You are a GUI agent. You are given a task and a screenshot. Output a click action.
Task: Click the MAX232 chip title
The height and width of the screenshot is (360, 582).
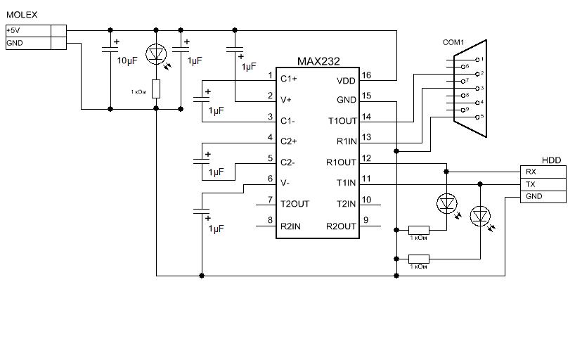pos(318,61)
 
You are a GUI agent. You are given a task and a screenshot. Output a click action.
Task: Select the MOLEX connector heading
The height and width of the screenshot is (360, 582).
pos(22,15)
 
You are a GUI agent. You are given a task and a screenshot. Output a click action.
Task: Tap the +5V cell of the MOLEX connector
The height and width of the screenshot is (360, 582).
pos(28,31)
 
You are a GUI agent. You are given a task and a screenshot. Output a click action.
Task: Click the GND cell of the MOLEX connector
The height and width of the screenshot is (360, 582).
pos(28,43)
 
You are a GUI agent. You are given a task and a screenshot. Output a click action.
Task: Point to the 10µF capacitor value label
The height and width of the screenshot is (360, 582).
pos(127,61)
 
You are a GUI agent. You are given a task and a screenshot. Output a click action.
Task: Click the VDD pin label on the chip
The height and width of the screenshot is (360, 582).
pos(346,81)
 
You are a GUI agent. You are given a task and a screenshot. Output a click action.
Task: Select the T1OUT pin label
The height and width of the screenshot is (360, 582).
pos(342,121)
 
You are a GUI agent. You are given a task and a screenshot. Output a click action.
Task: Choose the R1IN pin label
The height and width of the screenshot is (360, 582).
pos(347,141)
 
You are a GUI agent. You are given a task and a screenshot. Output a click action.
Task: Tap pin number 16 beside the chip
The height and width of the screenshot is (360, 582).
pos(366,75)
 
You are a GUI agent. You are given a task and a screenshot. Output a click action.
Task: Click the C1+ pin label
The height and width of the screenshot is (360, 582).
pos(288,79)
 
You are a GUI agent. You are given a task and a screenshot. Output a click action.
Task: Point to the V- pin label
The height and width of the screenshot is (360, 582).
pos(285,183)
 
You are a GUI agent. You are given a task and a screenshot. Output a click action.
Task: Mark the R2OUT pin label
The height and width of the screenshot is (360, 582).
pos(341,226)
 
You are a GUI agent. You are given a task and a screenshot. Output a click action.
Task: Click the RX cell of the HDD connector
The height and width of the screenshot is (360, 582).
pos(543,172)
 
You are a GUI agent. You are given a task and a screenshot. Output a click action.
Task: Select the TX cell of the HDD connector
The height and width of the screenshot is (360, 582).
pos(543,184)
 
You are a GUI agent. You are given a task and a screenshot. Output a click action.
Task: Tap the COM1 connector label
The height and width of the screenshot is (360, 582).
pos(453,42)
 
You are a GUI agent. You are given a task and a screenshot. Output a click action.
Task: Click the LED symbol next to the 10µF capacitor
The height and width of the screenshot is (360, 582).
pos(156,54)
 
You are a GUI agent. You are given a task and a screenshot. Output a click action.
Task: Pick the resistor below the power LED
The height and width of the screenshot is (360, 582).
pos(156,89)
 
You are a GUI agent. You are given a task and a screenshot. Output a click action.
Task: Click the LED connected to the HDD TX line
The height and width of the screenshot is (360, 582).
pos(480,217)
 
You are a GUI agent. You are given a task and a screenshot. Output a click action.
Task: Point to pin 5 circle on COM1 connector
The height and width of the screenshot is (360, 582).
pos(477,117)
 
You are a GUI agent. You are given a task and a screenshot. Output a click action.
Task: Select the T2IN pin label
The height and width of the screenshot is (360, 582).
pos(346,204)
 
